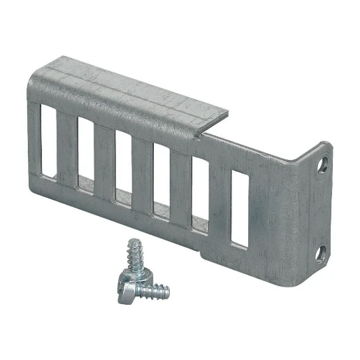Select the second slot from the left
[x=87, y=154]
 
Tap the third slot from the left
[x=124, y=170]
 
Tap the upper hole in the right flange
[x=324, y=166]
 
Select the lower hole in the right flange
[x=322, y=251]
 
